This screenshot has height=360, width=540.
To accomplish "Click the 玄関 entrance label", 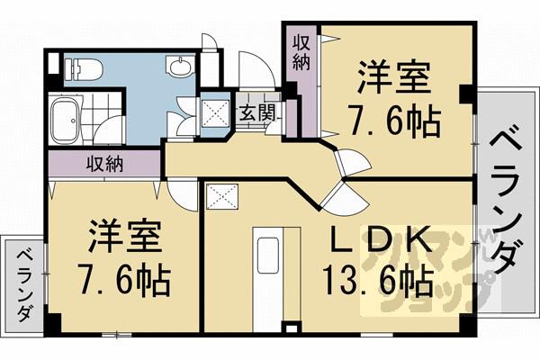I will pyautogui.click(x=256, y=112).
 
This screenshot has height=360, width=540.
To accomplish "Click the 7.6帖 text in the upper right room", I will pyautogui.click(x=393, y=120).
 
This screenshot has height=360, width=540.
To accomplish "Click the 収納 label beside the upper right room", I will pyautogui.click(x=301, y=56).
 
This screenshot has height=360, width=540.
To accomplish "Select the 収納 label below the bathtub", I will pyautogui.click(x=105, y=165).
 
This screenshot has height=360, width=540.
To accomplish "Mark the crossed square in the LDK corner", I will pyautogui.click(x=220, y=195).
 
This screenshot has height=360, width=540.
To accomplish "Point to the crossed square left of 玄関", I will pyautogui.click(x=216, y=112).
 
